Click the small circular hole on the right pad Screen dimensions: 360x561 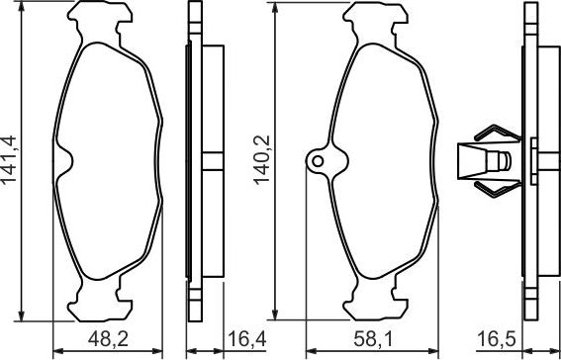319,159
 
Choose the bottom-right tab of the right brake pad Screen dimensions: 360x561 401,294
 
